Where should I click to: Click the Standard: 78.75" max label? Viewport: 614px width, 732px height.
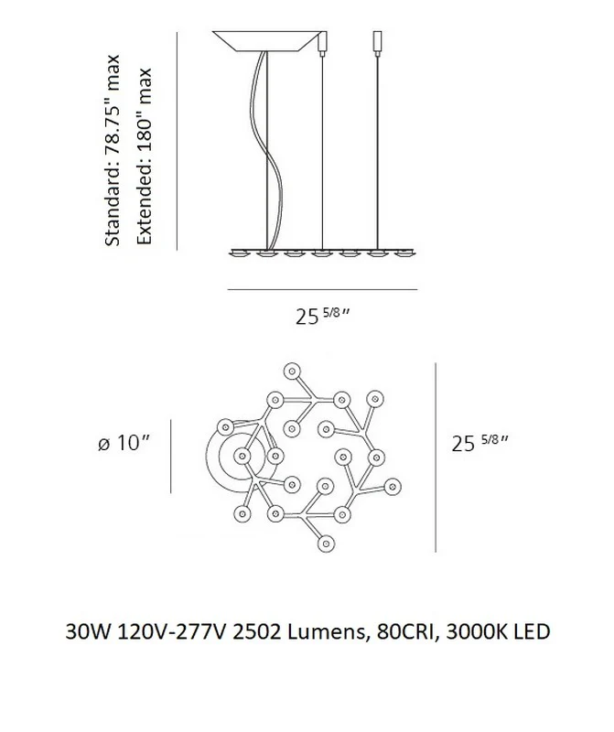coord(112,150)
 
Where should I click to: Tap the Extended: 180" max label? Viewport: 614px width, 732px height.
coord(144,156)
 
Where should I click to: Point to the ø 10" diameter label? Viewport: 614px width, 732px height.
coord(124,443)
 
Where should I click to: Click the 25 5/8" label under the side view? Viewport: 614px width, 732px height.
coord(322,317)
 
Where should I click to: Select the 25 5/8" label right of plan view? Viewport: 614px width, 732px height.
coord(479,443)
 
